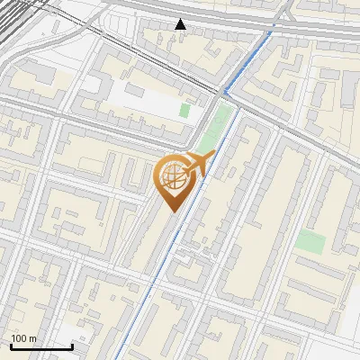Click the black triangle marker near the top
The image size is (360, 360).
[181, 24]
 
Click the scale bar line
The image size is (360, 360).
[40, 346]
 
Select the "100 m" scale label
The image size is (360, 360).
[23, 338]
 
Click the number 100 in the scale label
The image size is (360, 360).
[19, 338]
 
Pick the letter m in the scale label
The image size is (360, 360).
[32, 338]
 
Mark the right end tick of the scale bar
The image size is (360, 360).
[72, 345]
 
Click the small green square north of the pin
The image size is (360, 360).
[184, 111]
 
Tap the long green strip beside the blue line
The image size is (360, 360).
[212, 132]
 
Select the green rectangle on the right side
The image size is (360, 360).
[310, 241]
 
